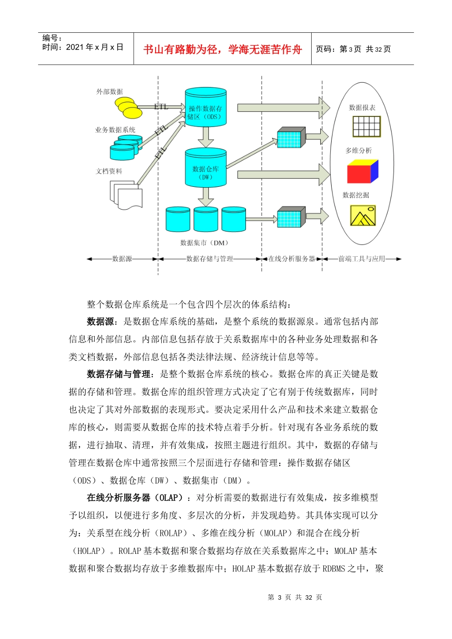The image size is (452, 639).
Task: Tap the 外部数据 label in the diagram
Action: [x=109, y=92]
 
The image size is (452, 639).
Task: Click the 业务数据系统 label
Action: [x=115, y=130]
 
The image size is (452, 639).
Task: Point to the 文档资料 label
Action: [x=109, y=171]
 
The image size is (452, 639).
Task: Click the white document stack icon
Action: [x=126, y=194]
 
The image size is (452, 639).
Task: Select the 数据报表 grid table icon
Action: [x=366, y=126]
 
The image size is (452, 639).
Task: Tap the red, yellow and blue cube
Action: [x=363, y=172]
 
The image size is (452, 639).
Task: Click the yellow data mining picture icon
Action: [x=363, y=215]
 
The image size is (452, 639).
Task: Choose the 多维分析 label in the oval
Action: [x=359, y=151]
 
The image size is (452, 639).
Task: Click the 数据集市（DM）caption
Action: [x=205, y=243]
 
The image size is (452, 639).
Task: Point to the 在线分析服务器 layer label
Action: [x=292, y=259]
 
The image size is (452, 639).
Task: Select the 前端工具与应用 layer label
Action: [x=362, y=259]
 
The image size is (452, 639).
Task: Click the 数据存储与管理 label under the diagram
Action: [x=209, y=259]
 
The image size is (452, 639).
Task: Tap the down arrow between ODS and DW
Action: [x=206, y=137]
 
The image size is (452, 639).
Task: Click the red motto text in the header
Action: [x=223, y=49]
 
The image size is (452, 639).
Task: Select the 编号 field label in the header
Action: [x=52, y=38]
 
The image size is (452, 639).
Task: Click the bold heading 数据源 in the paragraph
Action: [x=100, y=322]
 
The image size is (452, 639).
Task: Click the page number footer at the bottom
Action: [x=295, y=598]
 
